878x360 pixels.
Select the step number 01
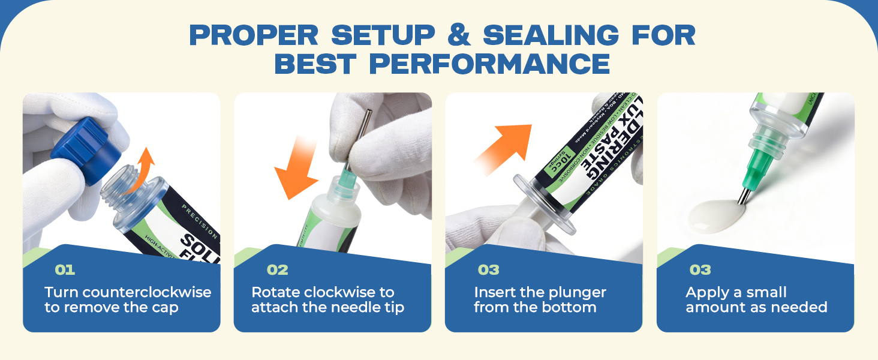pos(65,270)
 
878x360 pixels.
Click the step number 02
pos(277,270)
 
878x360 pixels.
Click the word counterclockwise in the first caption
pos(147,293)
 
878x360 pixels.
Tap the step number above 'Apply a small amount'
pos(700,270)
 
